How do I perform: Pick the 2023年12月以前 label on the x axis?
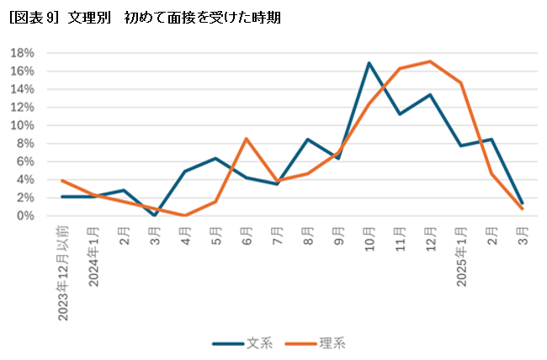(x=63, y=273)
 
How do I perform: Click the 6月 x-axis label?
(x=247, y=235)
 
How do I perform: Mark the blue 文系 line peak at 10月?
(x=369, y=63)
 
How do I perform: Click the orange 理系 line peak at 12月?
(x=430, y=61)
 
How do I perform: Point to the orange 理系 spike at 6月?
(x=246, y=139)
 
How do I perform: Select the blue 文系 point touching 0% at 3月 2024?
(x=154, y=215)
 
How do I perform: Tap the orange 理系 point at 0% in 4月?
(x=185, y=215)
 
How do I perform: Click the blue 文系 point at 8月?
(x=307, y=140)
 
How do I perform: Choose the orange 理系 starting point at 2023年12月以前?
(x=62, y=181)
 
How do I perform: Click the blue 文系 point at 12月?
(x=430, y=95)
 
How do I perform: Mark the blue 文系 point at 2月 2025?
(x=491, y=140)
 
